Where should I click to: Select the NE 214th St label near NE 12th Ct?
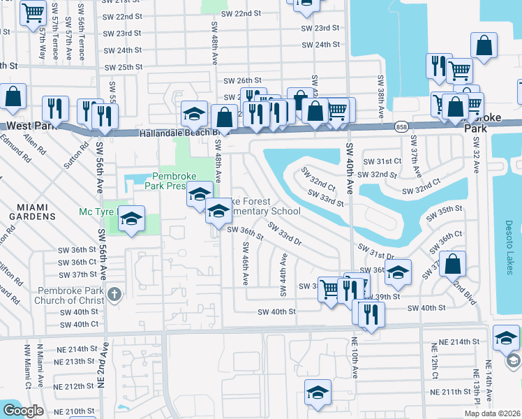click(457, 343)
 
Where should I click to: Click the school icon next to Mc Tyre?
click(130, 219)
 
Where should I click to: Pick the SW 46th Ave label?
click(246, 263)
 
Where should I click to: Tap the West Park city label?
click(28, 126)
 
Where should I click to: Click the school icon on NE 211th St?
click(318, 392)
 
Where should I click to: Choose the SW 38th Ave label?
click(381, 97)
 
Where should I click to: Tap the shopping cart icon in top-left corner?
click(33, 13)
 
